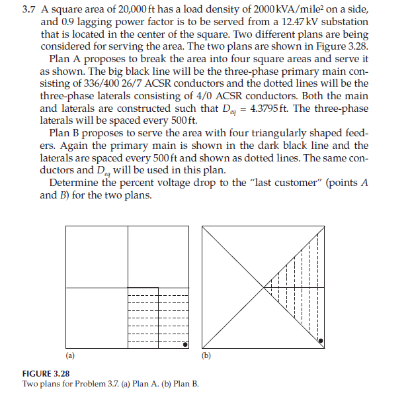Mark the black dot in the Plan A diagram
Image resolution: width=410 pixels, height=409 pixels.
click(x=186, y=345)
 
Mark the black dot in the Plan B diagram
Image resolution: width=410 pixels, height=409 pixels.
click(x=321, y=341)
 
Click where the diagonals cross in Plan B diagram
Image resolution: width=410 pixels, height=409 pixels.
click(x=264, y=288)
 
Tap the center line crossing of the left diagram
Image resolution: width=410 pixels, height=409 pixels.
click(x=128, y=288)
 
